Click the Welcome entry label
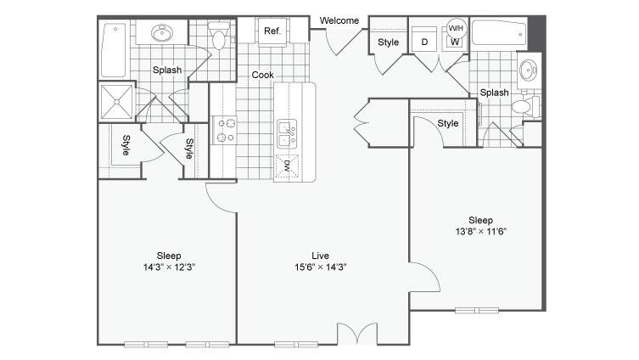click(x=339, y=20)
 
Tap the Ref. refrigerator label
click(x=272, y=31)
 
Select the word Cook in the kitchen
click(x=262, y=75)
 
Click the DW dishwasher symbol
click(x=288, y=166)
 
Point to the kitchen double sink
click(x=287, y=133)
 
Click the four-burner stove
click(x=224, y=131)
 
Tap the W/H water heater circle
click(x=456, y=28)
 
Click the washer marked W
click(x=455, y=42)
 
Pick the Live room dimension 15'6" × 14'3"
click(x=321, y=267)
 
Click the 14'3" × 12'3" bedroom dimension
click(x=169, y=267)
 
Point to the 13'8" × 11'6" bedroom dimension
click(x=481, y=232)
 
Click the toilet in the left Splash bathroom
click(x=219, y=36)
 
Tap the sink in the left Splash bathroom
click(x=162, y=32)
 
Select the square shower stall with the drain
click(x=116, y=102)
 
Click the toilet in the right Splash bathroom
click(x=525, y=107)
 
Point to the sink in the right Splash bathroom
click(x=528, y=70)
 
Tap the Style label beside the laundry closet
click(x=388, y=42)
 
